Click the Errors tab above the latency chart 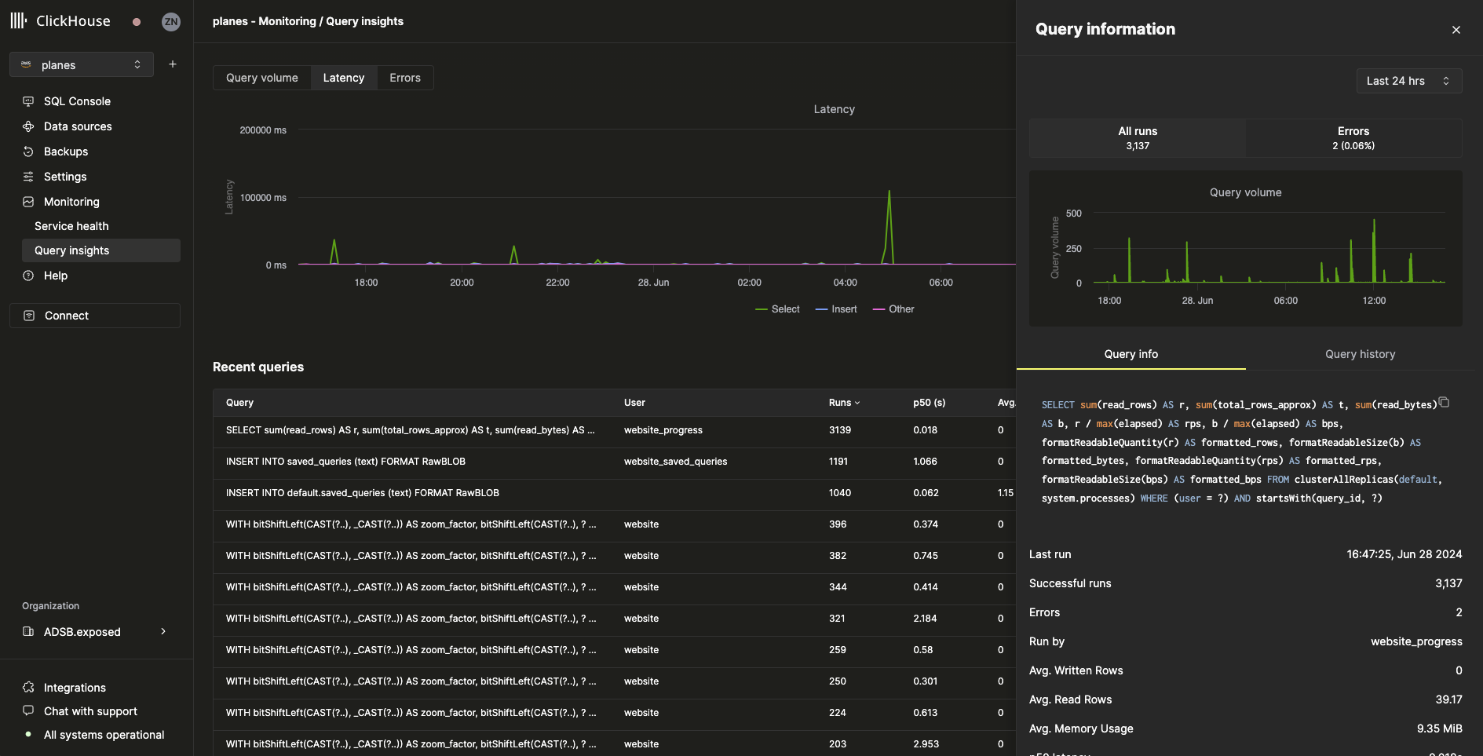[404, 78]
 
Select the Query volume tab [261, 78]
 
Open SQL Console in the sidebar [77, 101]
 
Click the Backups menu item [66, 152]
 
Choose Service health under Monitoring [71, 226]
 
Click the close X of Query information [1456, 30]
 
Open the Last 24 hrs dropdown [1408, 81]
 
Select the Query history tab [1360, 354]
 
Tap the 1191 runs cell [838, 462]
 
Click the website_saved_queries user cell [675, 462]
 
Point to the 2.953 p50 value [926, 744]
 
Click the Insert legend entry [837, 309]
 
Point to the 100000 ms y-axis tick [263, 198]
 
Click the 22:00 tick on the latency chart [557, 283]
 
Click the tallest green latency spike [889, 193]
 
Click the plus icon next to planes [173, 64]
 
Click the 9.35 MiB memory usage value [1439, 729]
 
